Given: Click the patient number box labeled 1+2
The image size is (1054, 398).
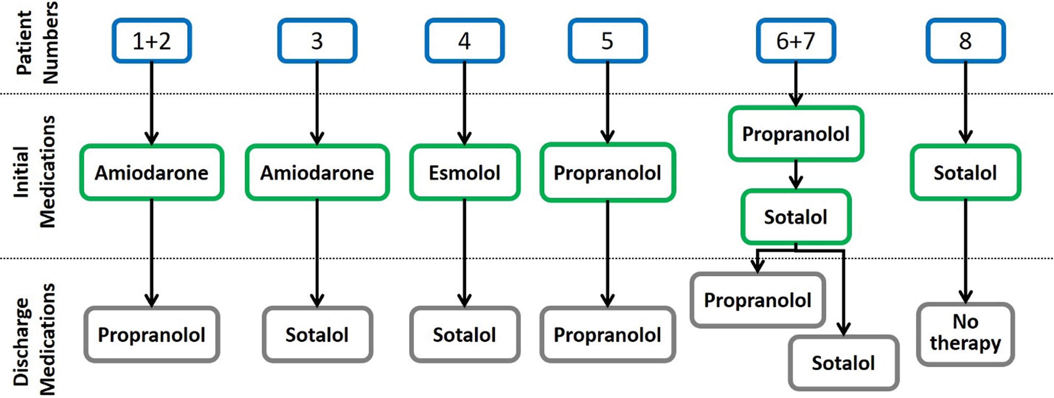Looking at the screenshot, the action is pyautogui.click(x=152, y=41).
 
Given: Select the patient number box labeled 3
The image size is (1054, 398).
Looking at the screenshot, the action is pyautogui.click(x=317, y=41).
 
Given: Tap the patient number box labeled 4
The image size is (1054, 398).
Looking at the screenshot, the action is pyautogui.click(x=464, y=41).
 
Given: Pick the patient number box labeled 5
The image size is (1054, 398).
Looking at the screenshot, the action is pyautogui.click(x=608, y=41).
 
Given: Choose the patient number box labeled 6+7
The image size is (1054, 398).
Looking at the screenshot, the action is pyautogui.click(x=796, y=41).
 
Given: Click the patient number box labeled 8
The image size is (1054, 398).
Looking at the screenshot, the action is pyautogui.click(x=966, y=41).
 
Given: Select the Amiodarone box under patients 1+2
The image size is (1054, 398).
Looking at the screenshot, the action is pyautogui.click(x=152, y=172).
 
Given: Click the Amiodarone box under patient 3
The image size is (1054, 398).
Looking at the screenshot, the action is pyautogui.click(x=317, y=172).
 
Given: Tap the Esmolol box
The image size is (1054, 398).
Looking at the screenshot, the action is pyautogui.click(x=465, y=172).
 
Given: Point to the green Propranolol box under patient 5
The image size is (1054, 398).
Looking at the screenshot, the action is pyautogui.click(x=608, y=172).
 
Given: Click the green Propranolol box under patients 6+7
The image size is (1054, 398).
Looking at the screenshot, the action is pyautogui.click(x=796, y=134).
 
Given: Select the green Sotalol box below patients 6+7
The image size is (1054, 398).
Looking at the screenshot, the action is pyautogui.click(x=796, y=217).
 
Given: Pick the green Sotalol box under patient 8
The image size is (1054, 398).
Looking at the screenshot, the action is pyautogui.click(x=966, y=172).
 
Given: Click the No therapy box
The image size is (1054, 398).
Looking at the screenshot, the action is pyautogui.click(x=966, y=334).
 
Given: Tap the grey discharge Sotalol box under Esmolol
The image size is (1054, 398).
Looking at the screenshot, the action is pyautogui.click(x=465, y=334).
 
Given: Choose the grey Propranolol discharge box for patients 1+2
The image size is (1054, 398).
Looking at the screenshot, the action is pyautogui.click(x=152, y=334).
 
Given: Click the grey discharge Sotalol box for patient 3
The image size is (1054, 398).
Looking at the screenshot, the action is pyautogui.click(x=317, y=334).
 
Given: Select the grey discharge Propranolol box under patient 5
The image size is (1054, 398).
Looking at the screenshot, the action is pyautogui.click(x=608, y=334).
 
